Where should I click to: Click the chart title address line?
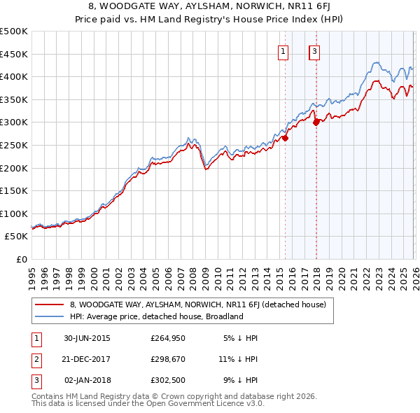[x=210, y=6]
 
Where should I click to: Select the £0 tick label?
[x=22, y=259]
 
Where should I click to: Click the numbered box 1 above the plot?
[x=283, y=51]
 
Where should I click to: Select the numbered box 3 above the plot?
[x=314, y=51]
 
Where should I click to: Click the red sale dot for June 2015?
[x=286, y=138]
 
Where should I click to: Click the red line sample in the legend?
[x=49, y=305]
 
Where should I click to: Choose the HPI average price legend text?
[x=156, y=316]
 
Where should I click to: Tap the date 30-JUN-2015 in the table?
[x=87, y=337]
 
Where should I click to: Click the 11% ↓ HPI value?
[x=238, y=358]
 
